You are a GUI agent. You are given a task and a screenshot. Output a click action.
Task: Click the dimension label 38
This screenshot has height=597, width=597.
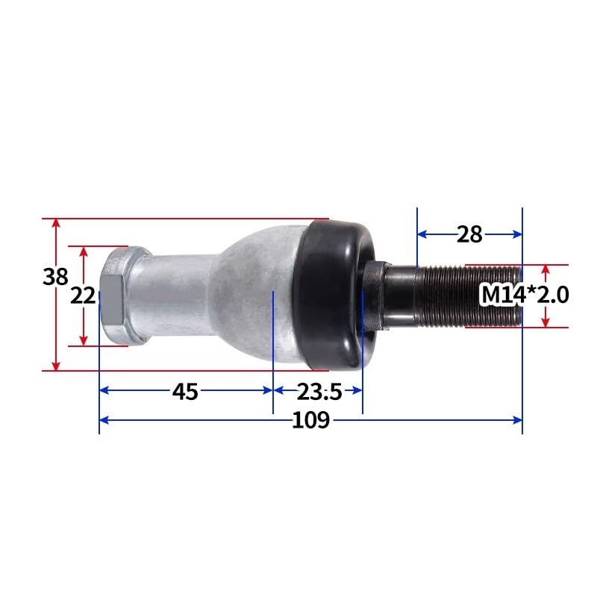click(x=55, y=277)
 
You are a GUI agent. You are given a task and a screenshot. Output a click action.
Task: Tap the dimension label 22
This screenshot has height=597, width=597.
click(x=83, y=296)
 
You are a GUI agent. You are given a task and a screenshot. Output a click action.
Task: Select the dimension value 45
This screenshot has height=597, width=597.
click(x=185, y=391)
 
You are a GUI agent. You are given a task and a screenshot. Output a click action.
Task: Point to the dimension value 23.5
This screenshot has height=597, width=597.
click(x=319, y=391)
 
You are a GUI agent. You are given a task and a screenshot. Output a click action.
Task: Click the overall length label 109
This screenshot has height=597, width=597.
click(x=310, y=420)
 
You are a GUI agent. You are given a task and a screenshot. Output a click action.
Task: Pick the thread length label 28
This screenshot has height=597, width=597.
click(x=469, y=234)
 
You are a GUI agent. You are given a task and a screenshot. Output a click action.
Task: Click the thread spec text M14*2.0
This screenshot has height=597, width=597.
click(x=525, y=296)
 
